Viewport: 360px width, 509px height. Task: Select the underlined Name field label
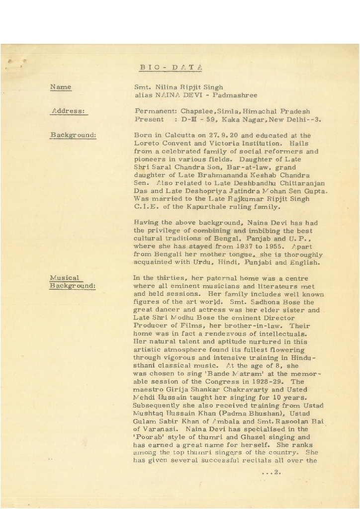coord(61,87)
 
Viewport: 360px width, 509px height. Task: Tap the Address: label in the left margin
coord(68,111)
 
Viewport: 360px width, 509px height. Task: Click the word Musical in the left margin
coord(64,278)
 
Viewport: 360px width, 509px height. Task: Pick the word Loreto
coord(147,143)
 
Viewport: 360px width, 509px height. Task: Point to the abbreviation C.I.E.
coord(146,207)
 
